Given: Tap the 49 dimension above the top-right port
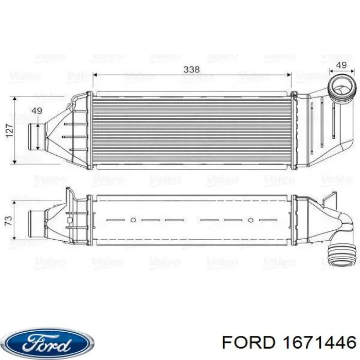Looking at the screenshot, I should coord(340,65).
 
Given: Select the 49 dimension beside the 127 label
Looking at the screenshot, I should coord(37,111).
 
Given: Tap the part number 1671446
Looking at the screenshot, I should coord(321,342).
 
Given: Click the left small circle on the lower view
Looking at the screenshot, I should coord(133,220).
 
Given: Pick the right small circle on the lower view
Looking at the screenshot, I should coord(250,220).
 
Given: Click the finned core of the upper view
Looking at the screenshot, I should coord(191,129).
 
